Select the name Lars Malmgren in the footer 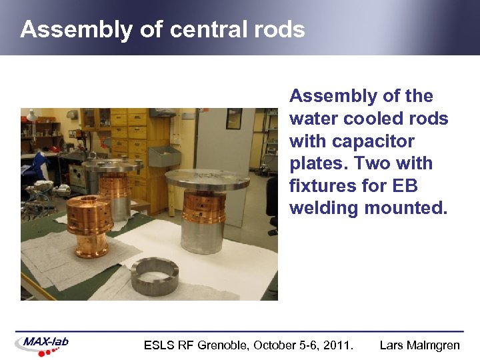tap(420, 345)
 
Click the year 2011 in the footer tap(337, 345)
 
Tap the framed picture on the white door tap(234, 118)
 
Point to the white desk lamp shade tap(31, 115)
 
